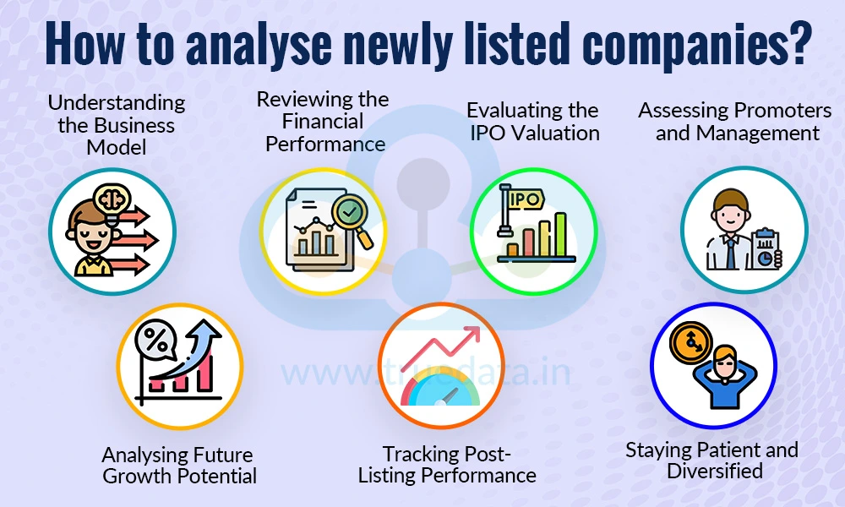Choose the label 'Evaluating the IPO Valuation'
click(x=532, y=122)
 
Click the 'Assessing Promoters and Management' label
click(x=734, y=122)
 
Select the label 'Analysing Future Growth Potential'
click(x=179, y=466)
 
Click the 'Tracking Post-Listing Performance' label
click(x=447, y=465)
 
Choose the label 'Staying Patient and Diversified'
click(x=711, y=461)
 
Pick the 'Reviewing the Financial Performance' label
click(x=324, y=122)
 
